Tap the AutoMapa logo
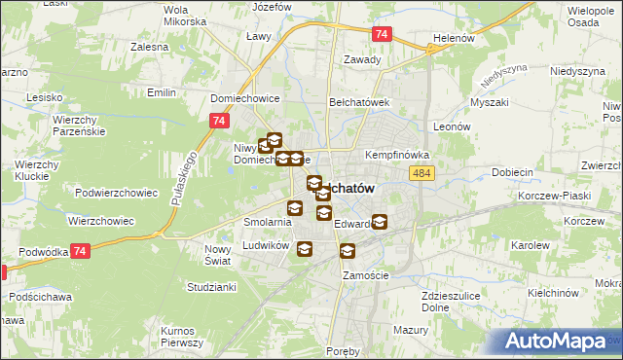[x=563, y=342]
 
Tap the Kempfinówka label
[x=396, y=156]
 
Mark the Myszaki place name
[x=489, y=101]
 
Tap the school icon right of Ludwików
[x=304, y=250]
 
